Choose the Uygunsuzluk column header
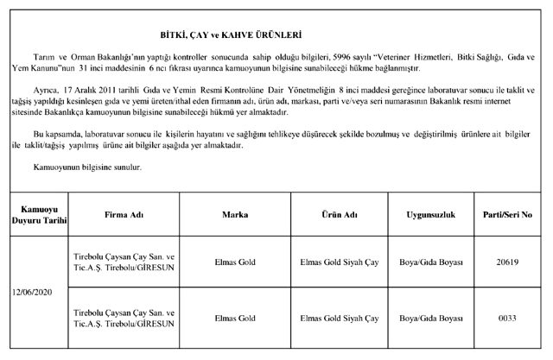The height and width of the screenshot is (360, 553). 439,212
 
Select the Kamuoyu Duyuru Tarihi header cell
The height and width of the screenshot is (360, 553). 34,212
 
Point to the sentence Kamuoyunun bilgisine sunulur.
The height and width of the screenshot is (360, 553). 82,165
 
